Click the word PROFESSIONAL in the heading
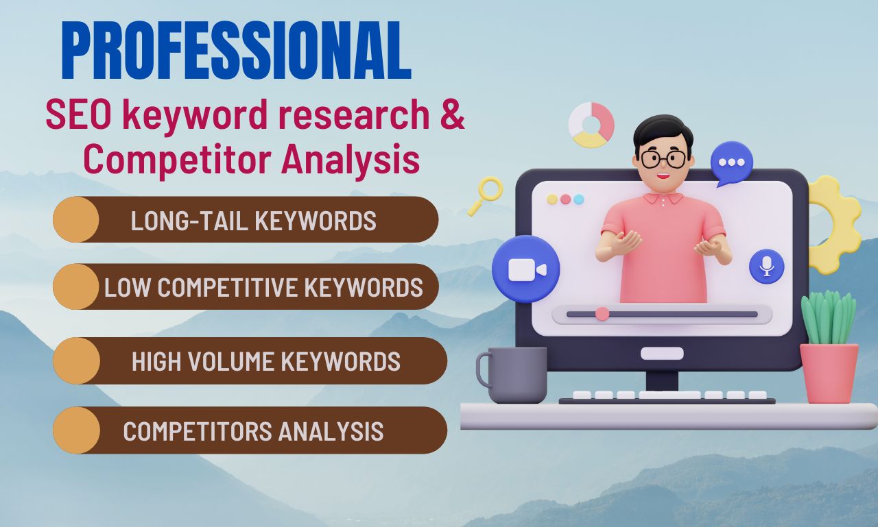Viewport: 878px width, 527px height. tap(236, 52)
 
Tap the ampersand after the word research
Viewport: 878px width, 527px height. tap(451, 116)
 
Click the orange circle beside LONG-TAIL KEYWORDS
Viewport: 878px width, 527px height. tap(75, 219)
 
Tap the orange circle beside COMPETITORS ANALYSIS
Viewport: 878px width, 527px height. tap(75, 430)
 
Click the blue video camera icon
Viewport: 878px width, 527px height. tap(526, 269)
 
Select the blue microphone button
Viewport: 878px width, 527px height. tap(766, 267)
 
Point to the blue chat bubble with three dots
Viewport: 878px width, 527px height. tap(731, 163)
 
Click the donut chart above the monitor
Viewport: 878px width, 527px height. tap(591, 125)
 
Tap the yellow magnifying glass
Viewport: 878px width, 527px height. tap(487, 193)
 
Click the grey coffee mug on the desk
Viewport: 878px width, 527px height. tap(514, 374)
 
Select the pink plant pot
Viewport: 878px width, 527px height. tap(829, 373)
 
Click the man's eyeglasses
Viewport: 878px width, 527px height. tap(663, 159)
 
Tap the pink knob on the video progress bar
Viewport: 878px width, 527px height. tap(602, 314)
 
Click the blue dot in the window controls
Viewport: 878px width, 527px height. tap(579, 199)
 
